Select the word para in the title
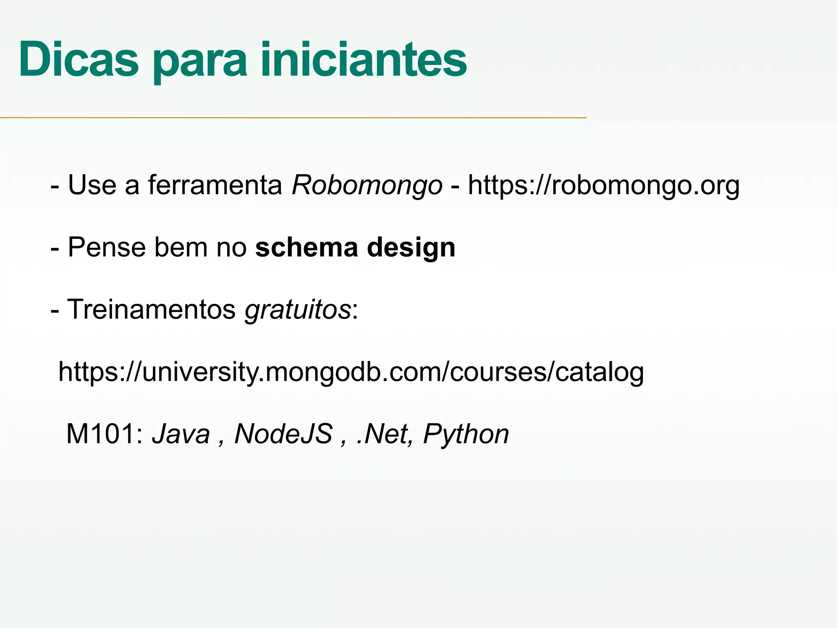pyautogui.click(x=200, y=61)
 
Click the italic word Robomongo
pyautogui.click(x=367, y=185)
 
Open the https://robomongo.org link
pyautogui.click(x=604, y=185)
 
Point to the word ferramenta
pyautogui.click(x=215, y=185)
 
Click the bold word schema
pyautogui.click(x=307, y=247)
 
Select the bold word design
pyautogui.click(x=411, y=248)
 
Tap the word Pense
pyautogui.click(x=107, y=247)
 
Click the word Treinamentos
pyautogui.click(x=151, y=309)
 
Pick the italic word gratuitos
pyautogui.click(x=298, y=310)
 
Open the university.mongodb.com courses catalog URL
pyautogui.click(x=351, y=372)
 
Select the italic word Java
pyautogui.click(x=181, y=434)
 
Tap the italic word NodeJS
pyautogui.click(x=283, y=434)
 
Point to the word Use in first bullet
pyautogui.click(x=92, y=185)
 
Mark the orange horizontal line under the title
pyautogui.click(x=293, y=118)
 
